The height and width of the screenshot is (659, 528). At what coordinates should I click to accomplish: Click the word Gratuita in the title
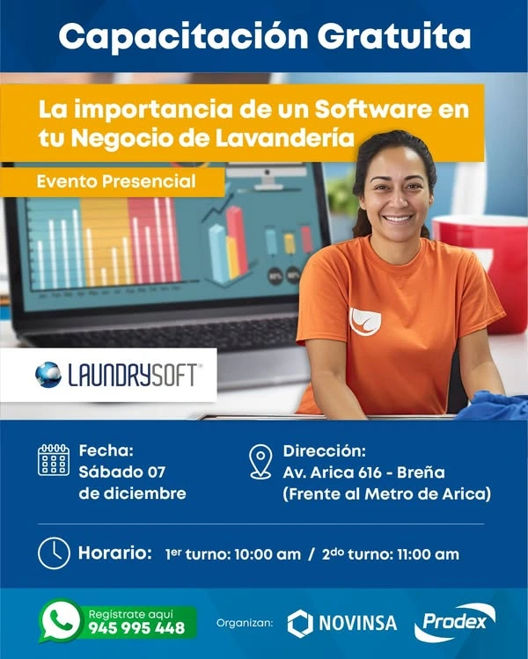(394, 36)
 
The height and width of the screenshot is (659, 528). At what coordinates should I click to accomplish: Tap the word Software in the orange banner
(373, 109)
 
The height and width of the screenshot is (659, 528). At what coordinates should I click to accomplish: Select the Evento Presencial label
(116, 181)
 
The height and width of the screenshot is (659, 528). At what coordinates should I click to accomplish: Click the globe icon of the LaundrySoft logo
(48, 375)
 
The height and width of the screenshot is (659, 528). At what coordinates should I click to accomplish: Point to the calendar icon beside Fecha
(54, 460)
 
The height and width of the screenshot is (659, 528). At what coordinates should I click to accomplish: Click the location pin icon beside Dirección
(260, 461)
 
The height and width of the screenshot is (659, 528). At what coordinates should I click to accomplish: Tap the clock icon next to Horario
(54, 553)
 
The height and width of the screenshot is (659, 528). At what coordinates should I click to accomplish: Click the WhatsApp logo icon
(61, 621)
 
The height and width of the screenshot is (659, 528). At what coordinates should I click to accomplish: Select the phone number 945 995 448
(136, 628)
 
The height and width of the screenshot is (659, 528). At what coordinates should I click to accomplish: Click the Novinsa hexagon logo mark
(300, 624)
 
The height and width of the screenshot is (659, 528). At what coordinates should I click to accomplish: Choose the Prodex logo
(455, 623)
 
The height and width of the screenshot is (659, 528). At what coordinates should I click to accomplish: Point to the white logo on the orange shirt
(365, 321)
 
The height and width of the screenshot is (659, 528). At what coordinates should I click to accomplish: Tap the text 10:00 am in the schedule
(268, 554)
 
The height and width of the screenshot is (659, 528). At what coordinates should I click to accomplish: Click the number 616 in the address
(370, 472)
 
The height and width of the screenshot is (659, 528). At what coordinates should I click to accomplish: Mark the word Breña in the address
(421, 472)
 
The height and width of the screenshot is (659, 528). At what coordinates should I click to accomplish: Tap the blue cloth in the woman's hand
(493, 405)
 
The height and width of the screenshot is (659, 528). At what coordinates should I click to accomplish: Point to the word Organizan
(245, 623)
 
